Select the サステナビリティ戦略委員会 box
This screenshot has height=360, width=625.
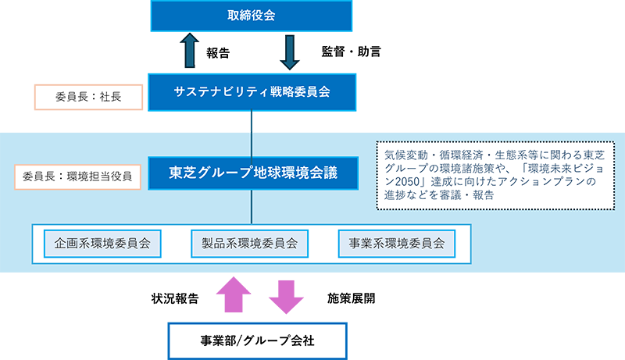[x=252, y=92]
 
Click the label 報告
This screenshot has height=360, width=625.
[x=218, y=54]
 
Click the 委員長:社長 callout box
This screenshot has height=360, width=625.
[x=88, y=98]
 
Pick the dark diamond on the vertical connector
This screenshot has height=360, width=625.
[x=252, y=121]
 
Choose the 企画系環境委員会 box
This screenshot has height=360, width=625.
[x=102, y=243]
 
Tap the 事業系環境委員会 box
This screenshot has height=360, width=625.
[x=396, y=243]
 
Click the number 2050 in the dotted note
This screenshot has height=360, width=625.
[x=398, y=182]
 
